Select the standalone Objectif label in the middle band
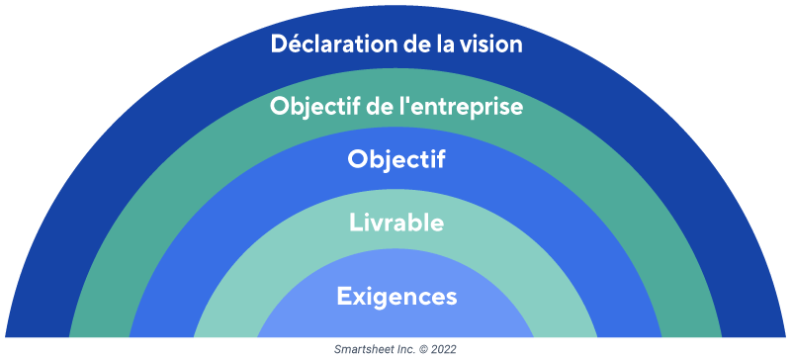(395, 160)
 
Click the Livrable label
(395, 223)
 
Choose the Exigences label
(395, 296)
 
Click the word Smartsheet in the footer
(362, 350)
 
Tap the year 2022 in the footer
(443, 350)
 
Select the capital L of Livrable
(355, 223)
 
